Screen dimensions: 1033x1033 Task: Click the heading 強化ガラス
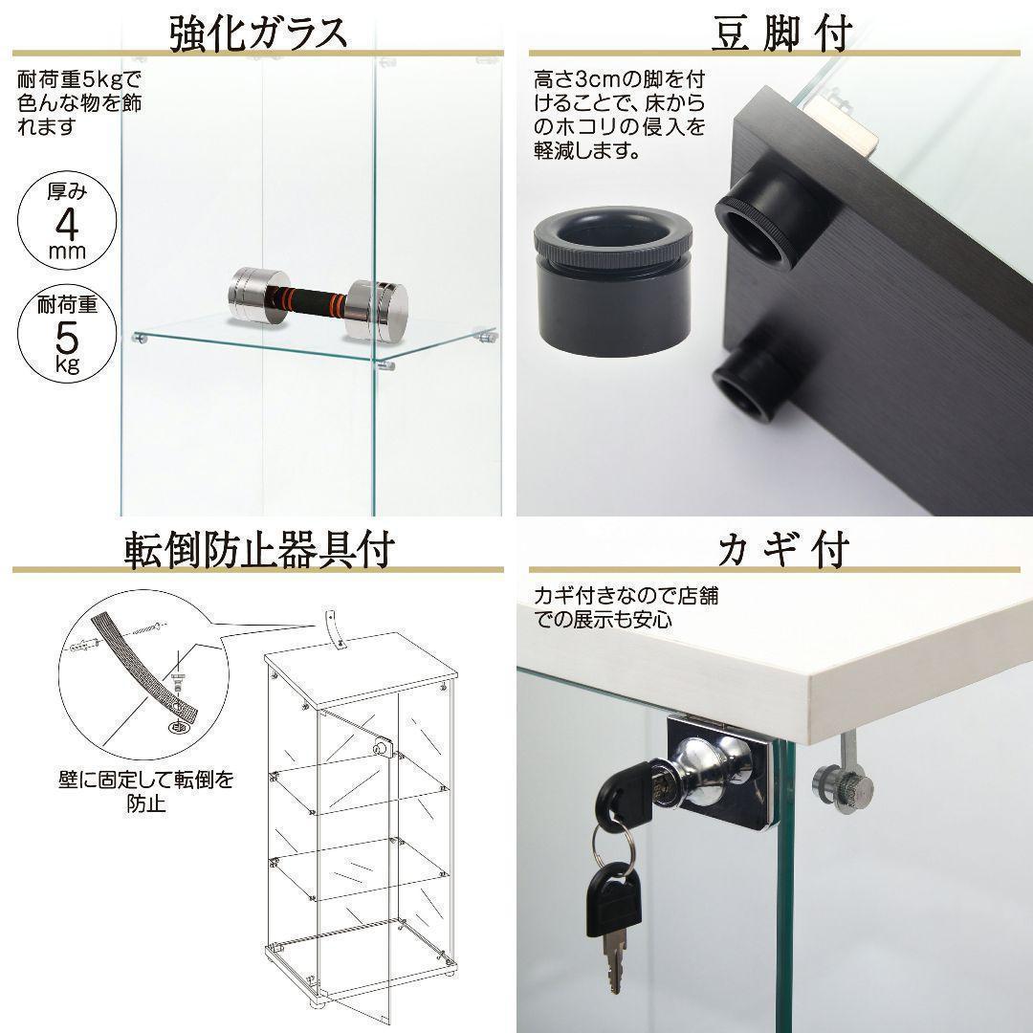257,33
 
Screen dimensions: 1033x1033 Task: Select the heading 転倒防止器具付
259,549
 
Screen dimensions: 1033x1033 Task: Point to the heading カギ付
783,549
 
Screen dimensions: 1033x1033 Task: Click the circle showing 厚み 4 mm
67,221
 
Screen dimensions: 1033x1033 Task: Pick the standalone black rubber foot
612,281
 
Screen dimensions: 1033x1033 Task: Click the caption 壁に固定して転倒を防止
145,791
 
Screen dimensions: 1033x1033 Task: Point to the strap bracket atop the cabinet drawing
336,630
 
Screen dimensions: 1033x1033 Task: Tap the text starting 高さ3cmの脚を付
619,115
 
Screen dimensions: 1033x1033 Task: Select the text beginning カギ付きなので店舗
626,606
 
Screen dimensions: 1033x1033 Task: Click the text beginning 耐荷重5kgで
79,102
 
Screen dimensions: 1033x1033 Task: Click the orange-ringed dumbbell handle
315,301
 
